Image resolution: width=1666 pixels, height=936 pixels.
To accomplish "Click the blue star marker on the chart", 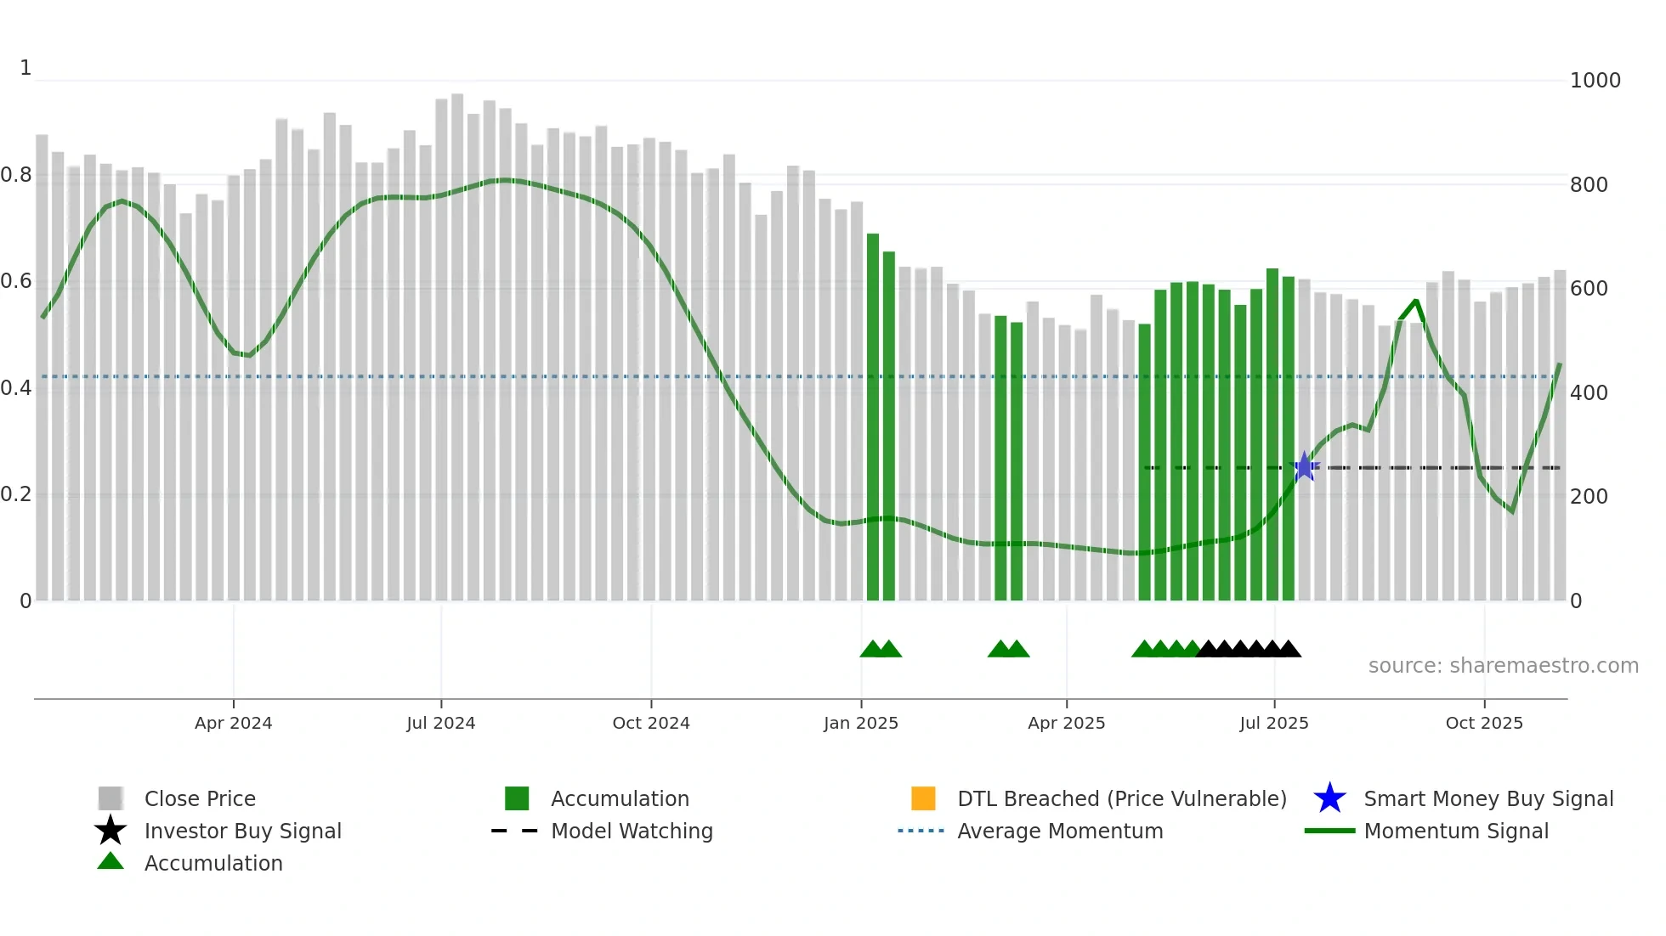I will click(x=1304, y=466).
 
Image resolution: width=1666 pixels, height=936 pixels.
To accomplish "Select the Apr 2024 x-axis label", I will click(x=233, y=723).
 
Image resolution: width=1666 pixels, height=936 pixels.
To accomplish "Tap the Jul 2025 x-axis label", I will click(x=1273, y=723).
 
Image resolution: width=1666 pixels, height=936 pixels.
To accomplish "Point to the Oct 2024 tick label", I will click(x=650, y=723).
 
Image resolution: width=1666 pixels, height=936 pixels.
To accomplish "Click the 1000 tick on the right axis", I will click(x=1595, y=81).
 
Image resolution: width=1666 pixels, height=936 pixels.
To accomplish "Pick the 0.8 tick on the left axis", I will click(x=17, y=175).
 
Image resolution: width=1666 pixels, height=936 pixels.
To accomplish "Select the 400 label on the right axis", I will click(x=1588, y=392).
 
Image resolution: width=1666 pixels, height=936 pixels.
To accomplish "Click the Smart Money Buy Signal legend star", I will click(x=1329, y=798).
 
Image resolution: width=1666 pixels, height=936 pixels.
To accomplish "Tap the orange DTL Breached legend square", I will click(x=922, y=798).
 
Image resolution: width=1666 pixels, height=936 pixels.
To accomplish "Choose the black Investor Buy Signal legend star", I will click(x=110, y=831).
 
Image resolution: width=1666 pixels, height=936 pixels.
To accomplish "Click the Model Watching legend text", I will click(x=632, y=831).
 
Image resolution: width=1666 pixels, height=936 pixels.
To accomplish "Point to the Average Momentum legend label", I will click(x=1059, y=831).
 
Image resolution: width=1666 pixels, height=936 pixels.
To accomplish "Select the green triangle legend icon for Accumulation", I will click(x=110, y=862).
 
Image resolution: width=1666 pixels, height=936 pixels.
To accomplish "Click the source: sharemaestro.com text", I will click(x=1503, y=665).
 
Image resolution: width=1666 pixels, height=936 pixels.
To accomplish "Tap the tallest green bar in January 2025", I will click(x=872, y=416).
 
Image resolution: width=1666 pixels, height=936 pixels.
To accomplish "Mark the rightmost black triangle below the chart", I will click(x=1289, y=650).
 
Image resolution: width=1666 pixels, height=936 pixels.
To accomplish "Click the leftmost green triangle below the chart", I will click(x=872, y=650).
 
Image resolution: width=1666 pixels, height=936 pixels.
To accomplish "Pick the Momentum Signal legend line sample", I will click(x=1329, y=831).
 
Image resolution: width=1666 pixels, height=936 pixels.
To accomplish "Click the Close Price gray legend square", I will click(x=110, y=798).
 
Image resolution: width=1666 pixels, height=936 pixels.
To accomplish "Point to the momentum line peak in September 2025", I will click(x=1416, y=301).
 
